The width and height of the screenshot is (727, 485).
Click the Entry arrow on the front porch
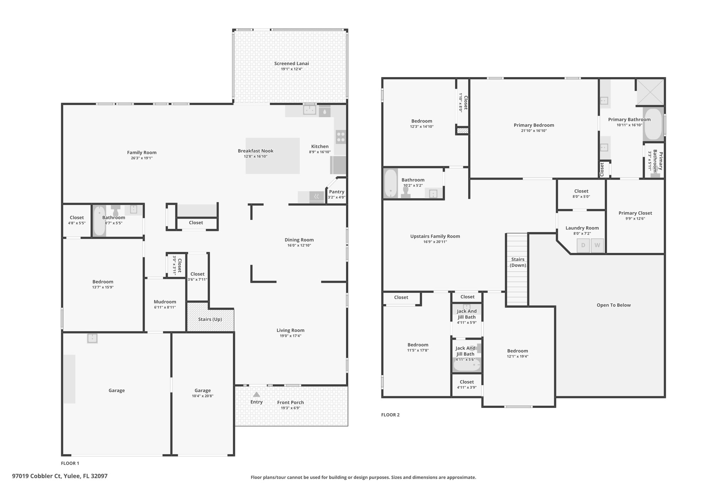(x=256, y=394)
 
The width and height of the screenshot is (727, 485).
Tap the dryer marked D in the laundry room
(x=583, y=246)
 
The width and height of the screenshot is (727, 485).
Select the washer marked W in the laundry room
(x=597, y=246)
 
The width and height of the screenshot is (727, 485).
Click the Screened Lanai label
(x=291, y=64)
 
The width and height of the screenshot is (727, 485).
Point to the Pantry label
(x=337, y=192)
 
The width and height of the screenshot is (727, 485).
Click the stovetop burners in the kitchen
(x=341, y=137)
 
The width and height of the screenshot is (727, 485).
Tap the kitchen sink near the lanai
(x=310, y=110)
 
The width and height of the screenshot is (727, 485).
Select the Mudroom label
(x=165, y=302)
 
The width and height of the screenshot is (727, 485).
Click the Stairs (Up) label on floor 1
(x=210, y=319)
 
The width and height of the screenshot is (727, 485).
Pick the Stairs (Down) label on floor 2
(x=518, y=262)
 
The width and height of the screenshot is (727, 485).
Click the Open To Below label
(x=614, y=305)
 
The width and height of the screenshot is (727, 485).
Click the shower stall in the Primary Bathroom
(x=650, y=92)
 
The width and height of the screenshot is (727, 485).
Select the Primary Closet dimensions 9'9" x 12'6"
(x=635, y=219)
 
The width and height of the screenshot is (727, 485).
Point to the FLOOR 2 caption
(x=390, y=415)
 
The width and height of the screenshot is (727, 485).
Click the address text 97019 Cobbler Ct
(x=37, y=476)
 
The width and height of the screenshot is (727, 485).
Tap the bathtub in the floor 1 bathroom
(x=100, y=221)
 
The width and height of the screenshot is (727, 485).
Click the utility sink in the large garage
(x=92, y=338)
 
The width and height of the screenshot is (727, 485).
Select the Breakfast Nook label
(x=256, y=151)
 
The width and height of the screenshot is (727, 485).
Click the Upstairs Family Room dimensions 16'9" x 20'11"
(x=435, y=242)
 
